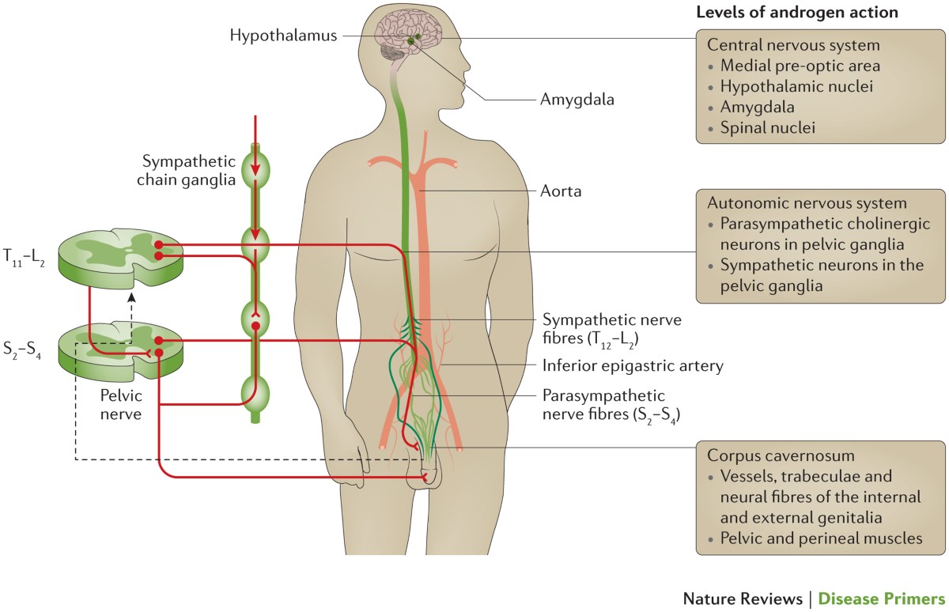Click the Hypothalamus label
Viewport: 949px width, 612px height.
284,35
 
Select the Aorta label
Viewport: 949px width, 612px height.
560,191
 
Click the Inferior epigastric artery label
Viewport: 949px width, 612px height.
633,365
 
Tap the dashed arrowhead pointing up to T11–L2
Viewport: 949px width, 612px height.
132,297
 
